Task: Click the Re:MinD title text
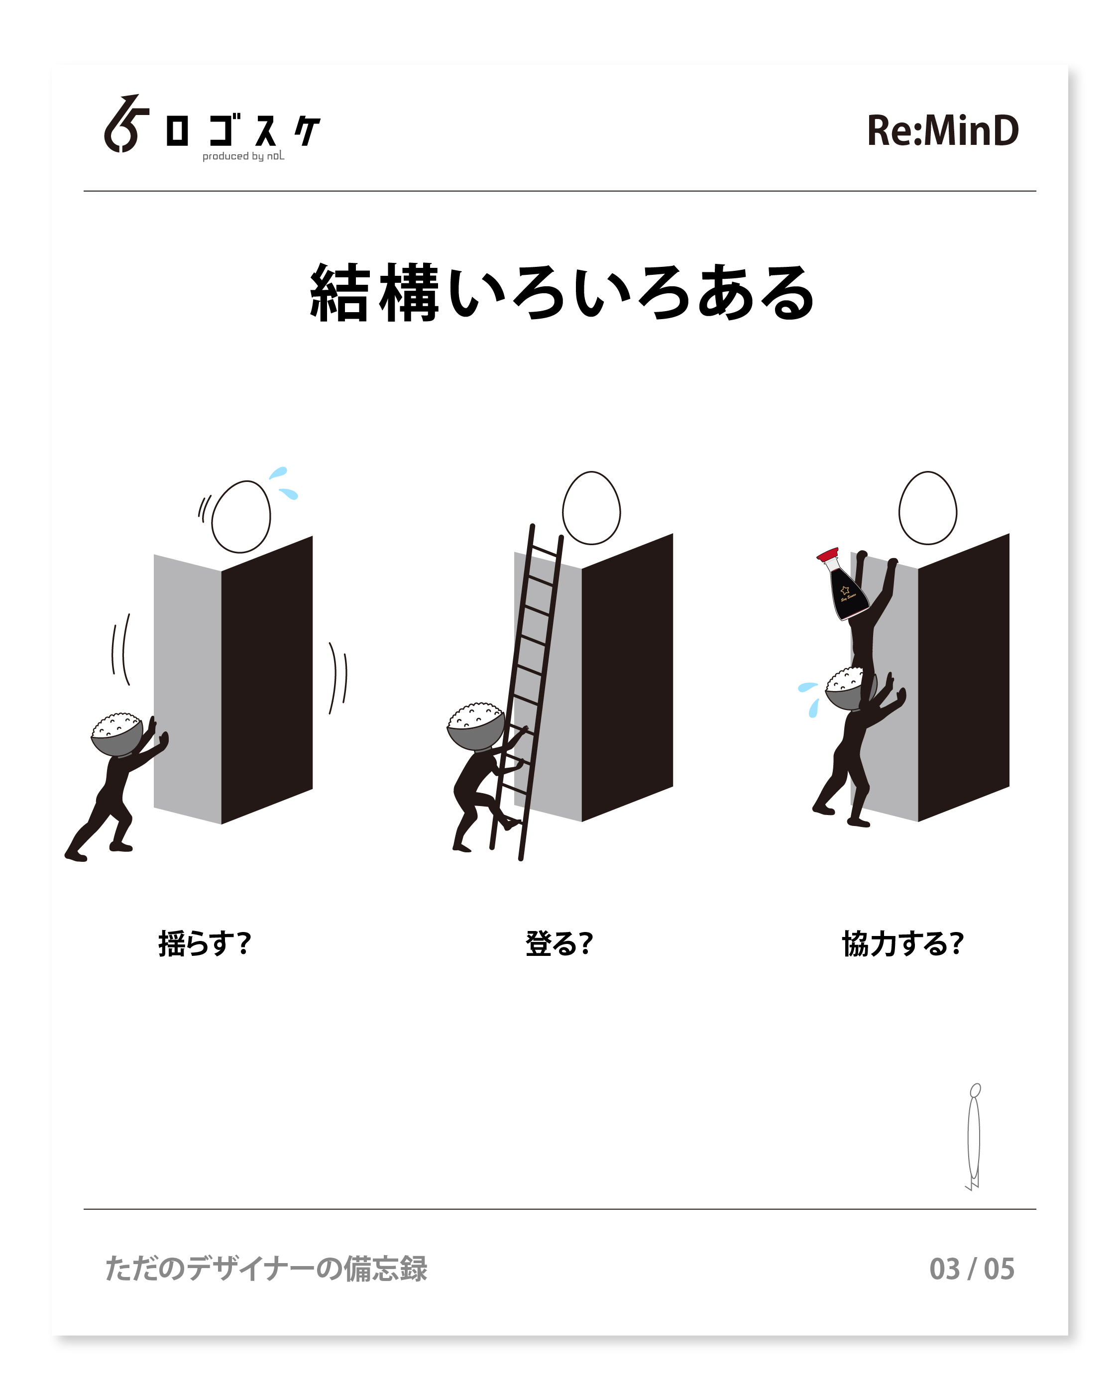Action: tap(943, 130)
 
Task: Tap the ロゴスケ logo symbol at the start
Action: tap(126, 124)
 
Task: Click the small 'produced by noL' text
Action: tap(243, 156)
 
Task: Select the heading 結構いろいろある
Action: tap(562, 293)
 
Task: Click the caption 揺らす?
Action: tap(205, 943)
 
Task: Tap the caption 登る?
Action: tap(559, 943)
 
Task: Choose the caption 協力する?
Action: tap(902, 943)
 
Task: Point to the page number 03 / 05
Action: tap(971, 1269)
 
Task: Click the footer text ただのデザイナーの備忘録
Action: tap(266, 1269)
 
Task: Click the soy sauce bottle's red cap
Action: tap(828, 555)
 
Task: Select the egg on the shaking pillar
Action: tap(241, 517)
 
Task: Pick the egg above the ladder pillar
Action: tap(591, 508)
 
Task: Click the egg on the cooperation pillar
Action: tap(927, 508)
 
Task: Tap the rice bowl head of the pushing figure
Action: tap(117, 734)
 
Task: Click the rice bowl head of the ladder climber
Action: tap(475, 726)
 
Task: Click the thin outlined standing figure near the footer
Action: tap(973, 1136)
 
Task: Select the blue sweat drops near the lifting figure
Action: tap(809, 699)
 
